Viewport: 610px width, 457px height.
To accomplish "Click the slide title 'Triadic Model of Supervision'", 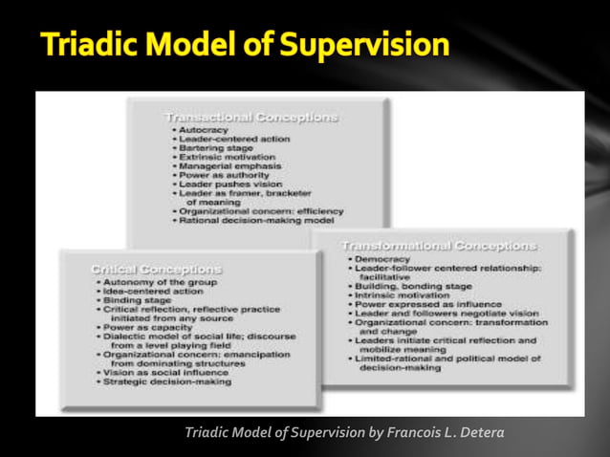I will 245,44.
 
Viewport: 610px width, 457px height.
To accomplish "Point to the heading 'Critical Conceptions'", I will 155,270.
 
